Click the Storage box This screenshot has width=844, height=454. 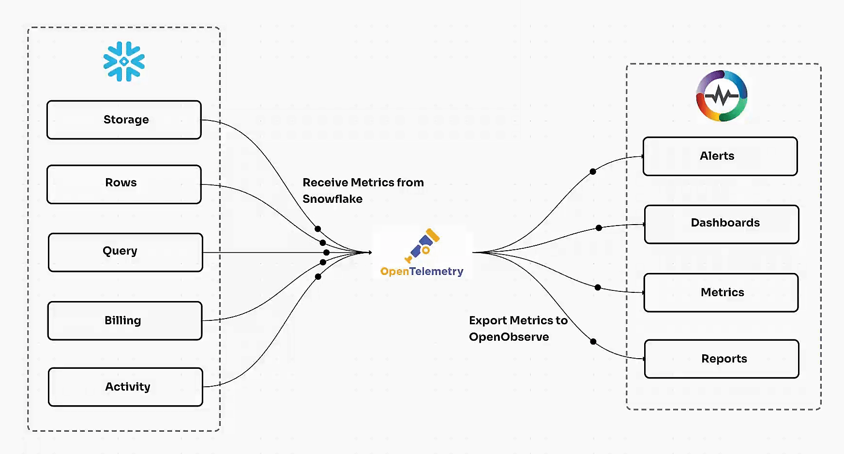tap(124, 120)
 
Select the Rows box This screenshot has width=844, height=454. tap(124, 184)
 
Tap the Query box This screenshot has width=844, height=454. tap(125, 252)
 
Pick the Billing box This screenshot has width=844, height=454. tap(125, 320)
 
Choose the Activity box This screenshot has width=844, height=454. tap(125, 387)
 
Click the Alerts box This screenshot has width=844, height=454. tap(720, 156)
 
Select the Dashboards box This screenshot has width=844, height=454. tap(721, 224)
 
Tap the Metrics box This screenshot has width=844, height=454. tap(721, 292)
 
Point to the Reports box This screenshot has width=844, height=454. tap(721, 359)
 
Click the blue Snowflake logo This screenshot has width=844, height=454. tap(124, 61)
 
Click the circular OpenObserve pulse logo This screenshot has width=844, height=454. tap(722, 96)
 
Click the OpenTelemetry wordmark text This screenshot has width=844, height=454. tap(422, 272)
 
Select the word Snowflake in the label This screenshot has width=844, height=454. tap(332, 199)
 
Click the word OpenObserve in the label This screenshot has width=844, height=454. tap(509, 337)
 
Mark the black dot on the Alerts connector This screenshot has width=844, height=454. tap(593, 171)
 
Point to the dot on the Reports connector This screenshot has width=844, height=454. tap(593, 341)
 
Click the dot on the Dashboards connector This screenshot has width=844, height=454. tap(599, 227)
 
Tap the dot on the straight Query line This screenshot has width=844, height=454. tap(326, 252)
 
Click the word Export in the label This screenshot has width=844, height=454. tap(487, 320)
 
